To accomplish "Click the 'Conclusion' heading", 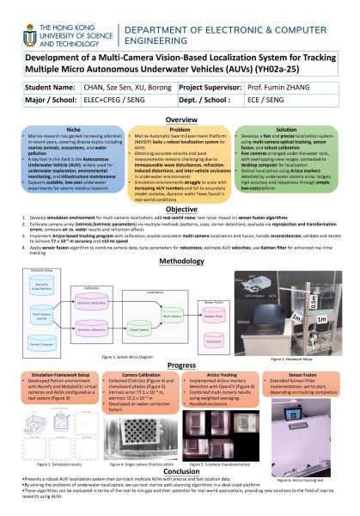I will coord(180,470).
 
